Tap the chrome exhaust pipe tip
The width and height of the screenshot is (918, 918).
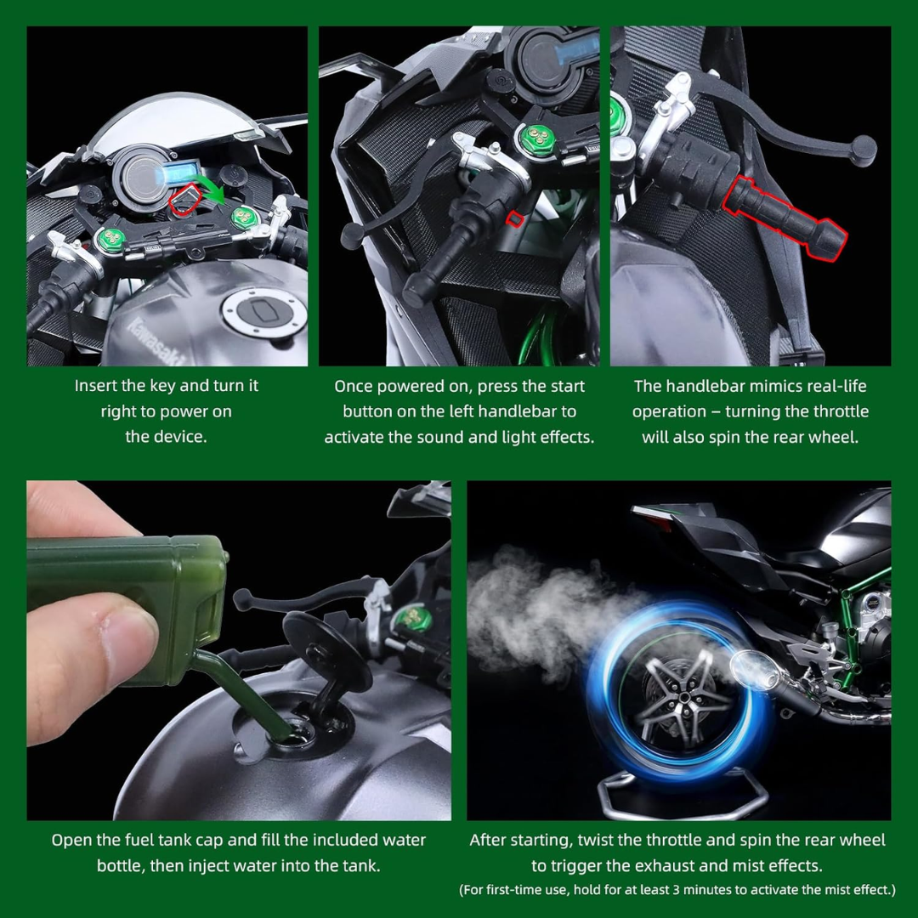pyautogui.click(x=751, y=667)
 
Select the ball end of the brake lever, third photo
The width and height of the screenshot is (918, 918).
pyautogui.click(x=864, y=150)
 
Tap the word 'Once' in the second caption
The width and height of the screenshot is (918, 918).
pyautogui.click(x=354, y=387)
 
